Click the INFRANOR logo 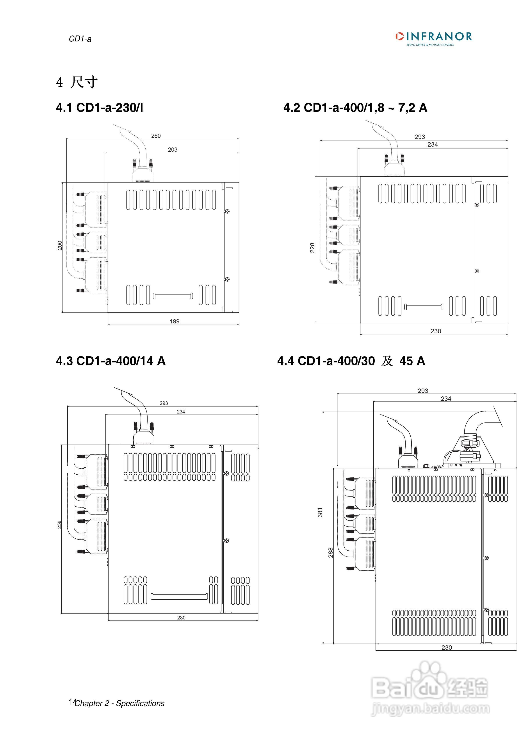pos(434,38)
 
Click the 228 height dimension pos(312,248)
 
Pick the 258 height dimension pos(59,525)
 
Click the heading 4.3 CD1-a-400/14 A pos(111,361)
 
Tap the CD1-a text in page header pos(80,39)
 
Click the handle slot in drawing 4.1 pos(173,296)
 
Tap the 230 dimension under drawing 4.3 pos(181,618)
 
